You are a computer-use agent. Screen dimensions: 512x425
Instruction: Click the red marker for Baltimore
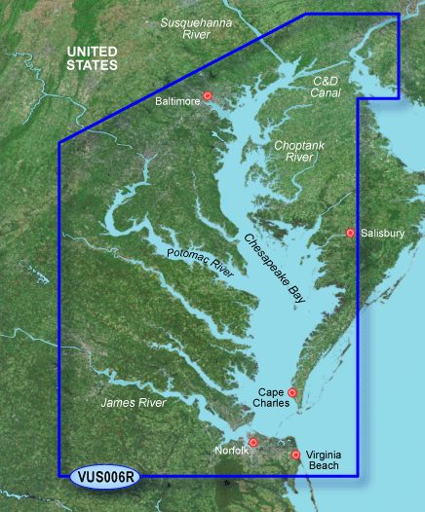pyautogui.click(x=207, y=95)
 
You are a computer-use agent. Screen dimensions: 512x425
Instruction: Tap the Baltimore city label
pyautogui.click(x=177, y=100)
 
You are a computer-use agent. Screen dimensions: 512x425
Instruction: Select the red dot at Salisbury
pyautogui.click(x=350, y=233)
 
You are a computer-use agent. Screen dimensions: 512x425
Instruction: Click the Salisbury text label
pyautogui.click(x=382, y=234)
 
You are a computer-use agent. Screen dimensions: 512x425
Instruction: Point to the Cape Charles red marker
pyautogui.click(x=292, y=393)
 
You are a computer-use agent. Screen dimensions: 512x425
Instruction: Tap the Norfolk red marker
pyautogui.click(x=252, y=443)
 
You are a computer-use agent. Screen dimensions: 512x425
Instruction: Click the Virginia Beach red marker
pyautogui.click(x=295, y=455)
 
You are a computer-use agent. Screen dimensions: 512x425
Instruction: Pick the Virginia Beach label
pyautogui.click(x=322, y=460)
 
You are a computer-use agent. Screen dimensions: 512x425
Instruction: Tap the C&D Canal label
pyautogui.click(x=330, y=85)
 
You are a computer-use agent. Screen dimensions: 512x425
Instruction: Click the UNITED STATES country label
pyautogui.click(x=91, y=57)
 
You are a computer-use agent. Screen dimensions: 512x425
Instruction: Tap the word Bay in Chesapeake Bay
pyautogui.click(x=297, y=299)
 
